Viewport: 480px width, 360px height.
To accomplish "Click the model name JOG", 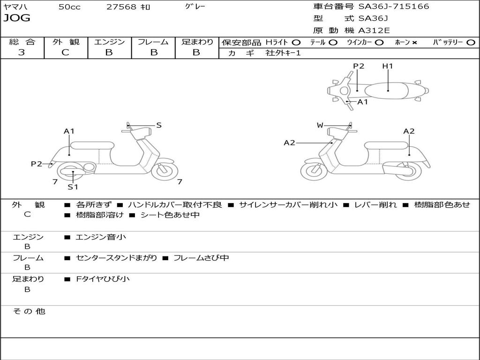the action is click(17, 18).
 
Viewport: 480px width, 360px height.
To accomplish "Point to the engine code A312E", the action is click(374, 30).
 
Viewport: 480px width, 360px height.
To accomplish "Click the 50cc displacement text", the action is click(69, 7).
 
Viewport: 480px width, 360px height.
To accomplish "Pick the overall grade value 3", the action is click(22, 52).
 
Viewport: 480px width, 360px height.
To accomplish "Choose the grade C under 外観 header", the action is click(66, 52).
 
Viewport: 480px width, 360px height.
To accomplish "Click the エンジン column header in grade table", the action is click(109, 42).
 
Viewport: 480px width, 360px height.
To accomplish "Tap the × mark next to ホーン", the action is click(414, 42).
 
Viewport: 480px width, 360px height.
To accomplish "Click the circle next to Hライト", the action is click(296, 42).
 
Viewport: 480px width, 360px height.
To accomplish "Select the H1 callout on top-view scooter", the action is click(387, 66).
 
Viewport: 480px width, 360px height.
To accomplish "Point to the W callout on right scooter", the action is click(320, 125).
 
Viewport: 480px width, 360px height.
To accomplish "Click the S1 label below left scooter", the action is click(73, 187).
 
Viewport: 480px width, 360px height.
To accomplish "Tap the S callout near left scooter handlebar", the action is click(159, 125).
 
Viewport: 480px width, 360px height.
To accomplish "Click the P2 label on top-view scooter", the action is click(359, 66).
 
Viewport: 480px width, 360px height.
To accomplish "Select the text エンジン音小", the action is click(101, 237).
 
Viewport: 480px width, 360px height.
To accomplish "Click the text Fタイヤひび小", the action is click(103, 279).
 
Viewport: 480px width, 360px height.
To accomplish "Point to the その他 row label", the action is click(29, 311).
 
